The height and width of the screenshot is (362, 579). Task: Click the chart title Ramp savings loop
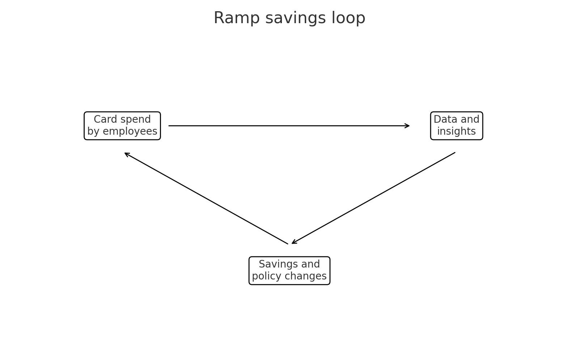289,18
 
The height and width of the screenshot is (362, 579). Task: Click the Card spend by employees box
122,126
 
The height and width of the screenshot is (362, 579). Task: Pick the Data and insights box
456,126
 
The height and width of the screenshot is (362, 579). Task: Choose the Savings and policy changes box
289,270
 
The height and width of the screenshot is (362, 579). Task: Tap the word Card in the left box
102,119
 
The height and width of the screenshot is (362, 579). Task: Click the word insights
456,131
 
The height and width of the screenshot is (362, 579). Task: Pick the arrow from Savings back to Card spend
206,198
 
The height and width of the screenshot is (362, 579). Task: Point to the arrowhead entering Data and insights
408,126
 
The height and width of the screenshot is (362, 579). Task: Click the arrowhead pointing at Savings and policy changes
293,243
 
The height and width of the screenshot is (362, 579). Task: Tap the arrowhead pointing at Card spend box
126,153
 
